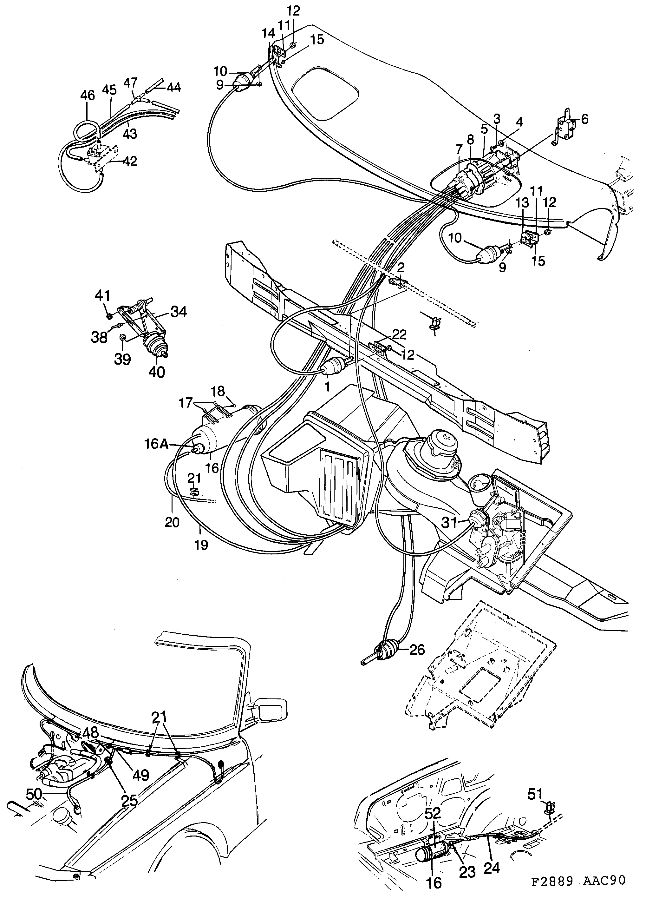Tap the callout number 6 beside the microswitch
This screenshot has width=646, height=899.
584,119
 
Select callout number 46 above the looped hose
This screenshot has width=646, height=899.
88,96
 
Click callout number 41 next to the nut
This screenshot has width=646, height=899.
102,296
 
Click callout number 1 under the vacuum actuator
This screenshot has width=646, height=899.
327,387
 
